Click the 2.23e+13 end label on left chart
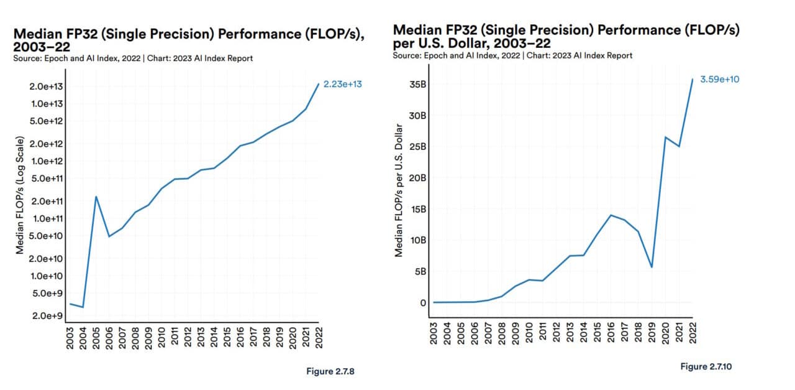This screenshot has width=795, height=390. (343, 85)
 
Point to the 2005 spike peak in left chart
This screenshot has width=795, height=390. (96, 197)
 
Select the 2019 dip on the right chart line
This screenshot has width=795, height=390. (652, 267)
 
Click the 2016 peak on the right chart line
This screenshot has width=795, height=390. (611, 215)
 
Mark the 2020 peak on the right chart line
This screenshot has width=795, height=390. (665, 137)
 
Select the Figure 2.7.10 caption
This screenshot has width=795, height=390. (706, 367)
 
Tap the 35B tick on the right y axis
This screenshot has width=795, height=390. (417, 85)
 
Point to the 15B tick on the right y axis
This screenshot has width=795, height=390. (417, 209)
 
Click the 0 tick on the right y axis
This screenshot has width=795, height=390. (422, 303)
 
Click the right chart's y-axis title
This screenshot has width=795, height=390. (399, 190)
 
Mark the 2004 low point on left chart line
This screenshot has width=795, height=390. (83, 307)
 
